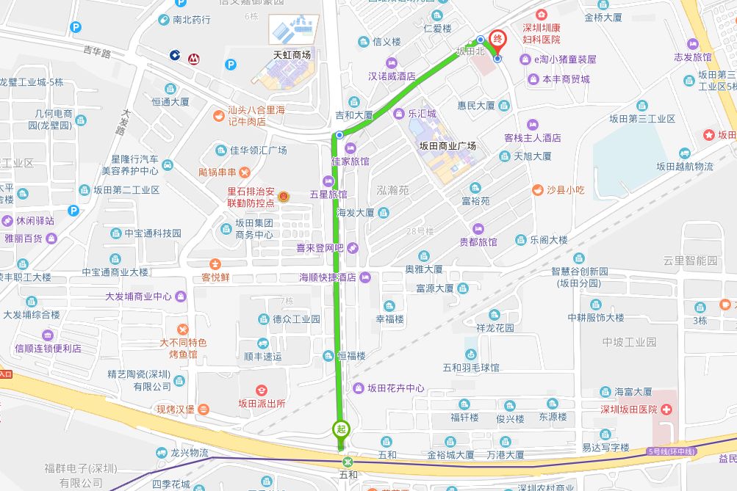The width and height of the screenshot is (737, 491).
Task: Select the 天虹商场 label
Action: tap(292, 55)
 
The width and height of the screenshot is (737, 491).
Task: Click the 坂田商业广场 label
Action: tap(447, 145)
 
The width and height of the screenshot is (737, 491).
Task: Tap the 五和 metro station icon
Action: tap(348, 462)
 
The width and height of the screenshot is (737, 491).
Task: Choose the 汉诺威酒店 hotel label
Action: tap(392, 75)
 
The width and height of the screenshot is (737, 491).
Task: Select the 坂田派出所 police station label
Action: tap(262, 403)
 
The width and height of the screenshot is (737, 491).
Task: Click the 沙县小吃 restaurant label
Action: tap(565, 190)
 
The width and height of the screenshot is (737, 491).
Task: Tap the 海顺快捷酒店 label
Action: tap(328, 277)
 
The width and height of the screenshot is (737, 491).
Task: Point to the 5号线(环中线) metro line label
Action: tap(671, 450)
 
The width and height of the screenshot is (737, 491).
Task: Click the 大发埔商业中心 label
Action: tap(138, 297)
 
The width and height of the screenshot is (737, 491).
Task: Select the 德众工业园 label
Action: tap(296, 319)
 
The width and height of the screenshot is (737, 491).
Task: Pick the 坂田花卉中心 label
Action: tap(396, 388)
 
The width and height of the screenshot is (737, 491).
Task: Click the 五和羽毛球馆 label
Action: tap(471, 367)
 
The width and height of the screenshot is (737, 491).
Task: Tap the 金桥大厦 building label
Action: tap(603, 16)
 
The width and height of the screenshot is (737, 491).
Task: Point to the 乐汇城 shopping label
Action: tap(422, 114)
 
